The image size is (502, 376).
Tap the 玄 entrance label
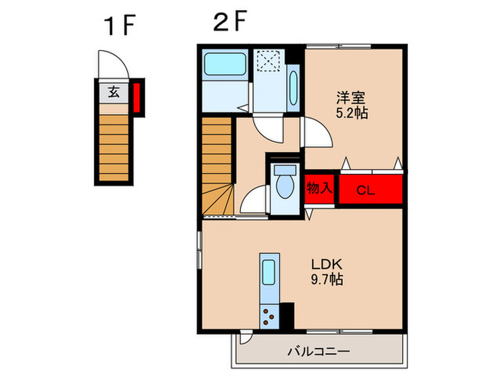pyautogui.click(x=113, y=92)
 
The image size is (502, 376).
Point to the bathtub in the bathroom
pyautogui.click(x=225, y=64)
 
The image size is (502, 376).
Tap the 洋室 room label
pyautogui.click(x=351, y=98)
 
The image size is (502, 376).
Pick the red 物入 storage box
pyautogui.click(x=320, y=188)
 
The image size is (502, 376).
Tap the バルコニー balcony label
pyautogui.click(x=318, y=352)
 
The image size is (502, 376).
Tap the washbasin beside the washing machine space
pyautogui.click(x=293, y=90)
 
